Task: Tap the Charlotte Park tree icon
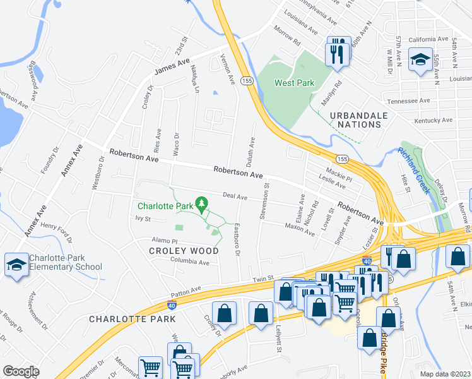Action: point(202,204)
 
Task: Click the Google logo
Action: point(21,371)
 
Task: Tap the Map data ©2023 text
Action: point(445,374)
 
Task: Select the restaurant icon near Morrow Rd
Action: point(338,52)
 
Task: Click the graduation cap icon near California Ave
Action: point(420,61)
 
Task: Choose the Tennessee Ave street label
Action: point(408,101)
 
